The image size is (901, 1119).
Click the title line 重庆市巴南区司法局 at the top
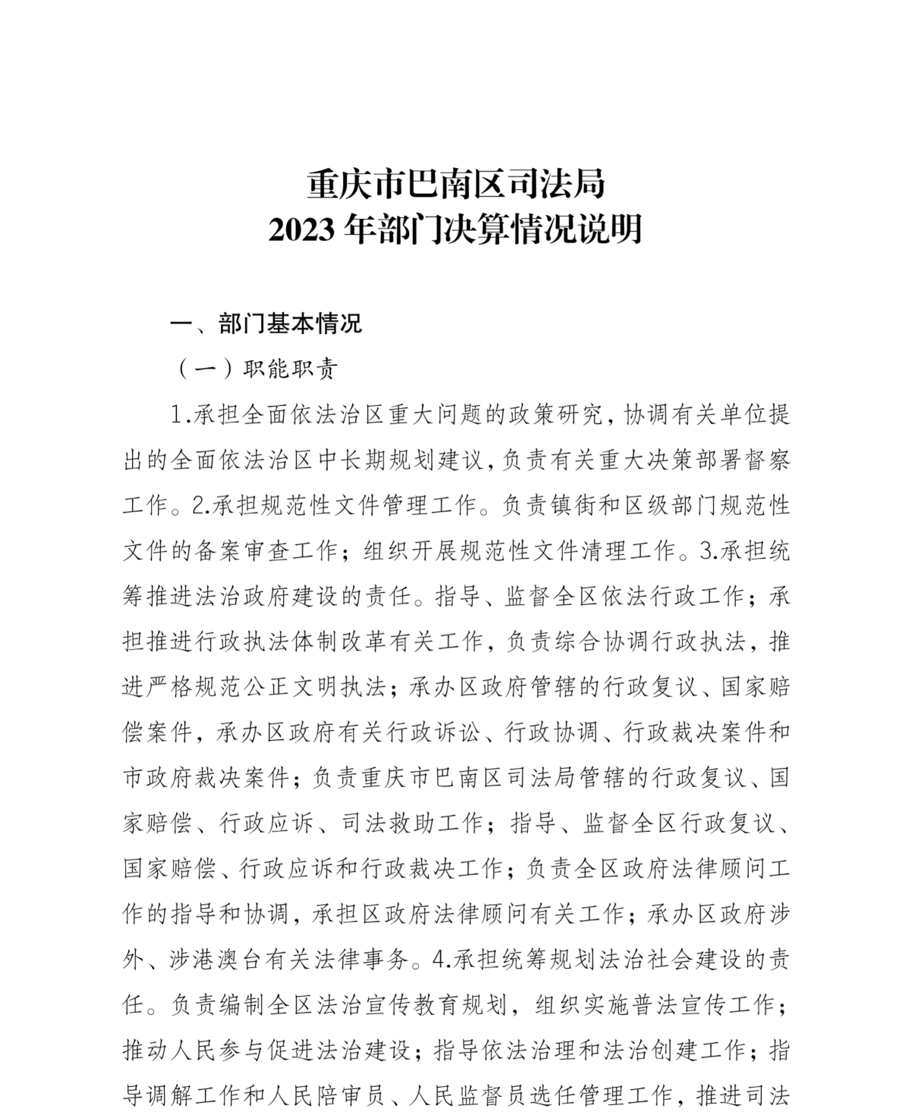click(x=455, y=184)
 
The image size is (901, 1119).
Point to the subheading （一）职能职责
click(x=257, y=369)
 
